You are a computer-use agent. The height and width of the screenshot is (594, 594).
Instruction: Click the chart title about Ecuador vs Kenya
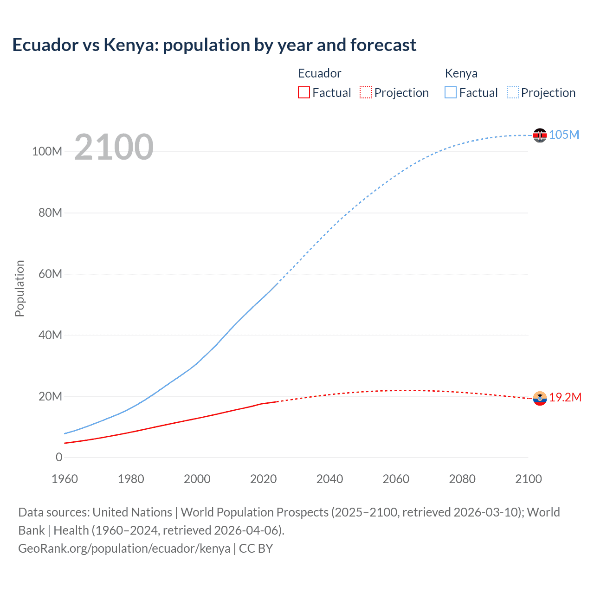click(x=214, y=45)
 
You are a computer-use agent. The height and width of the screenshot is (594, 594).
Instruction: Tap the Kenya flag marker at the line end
click(x=540, y=135)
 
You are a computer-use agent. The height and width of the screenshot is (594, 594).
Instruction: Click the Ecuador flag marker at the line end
click(x=540, y=398)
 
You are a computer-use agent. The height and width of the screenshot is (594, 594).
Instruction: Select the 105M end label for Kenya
click(x=564, y=135)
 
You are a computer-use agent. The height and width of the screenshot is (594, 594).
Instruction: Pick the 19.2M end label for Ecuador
click(x=565, y=397)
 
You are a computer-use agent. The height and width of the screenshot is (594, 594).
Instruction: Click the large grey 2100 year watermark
click(x=114, y=147)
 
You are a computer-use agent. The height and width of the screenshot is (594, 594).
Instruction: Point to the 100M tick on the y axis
click(x=47, y=151)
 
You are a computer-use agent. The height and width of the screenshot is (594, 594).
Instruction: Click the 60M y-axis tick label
click(x=50, y=274)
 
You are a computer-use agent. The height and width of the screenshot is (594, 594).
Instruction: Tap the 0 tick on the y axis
click(x=59, y=457)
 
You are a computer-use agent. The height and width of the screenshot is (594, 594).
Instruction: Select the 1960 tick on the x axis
click(x=65, y=479)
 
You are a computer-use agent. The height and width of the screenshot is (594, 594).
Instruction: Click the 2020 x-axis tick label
click(x=263, y=479)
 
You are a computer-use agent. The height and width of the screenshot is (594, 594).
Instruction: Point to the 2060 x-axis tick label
click(x=396, y=479)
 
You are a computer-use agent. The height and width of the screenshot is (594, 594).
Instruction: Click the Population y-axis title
click(x=19, y=288)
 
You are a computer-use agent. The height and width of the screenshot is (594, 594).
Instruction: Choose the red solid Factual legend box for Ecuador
click(x=303, y=93)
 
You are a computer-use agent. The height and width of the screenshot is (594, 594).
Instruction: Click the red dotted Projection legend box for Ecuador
click(x=366, y=93)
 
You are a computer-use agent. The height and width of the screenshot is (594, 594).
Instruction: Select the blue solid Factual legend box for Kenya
click(x=451, y=93)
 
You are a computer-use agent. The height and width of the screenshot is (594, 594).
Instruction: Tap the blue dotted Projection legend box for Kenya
click(x=512, y=93)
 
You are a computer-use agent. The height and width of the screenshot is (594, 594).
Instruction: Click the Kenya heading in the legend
click(x=461, y=73)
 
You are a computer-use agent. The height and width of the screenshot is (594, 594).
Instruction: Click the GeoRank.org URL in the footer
click(x=124, y=549)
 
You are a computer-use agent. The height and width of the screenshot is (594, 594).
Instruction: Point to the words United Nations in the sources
click(x=132, y=512)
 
